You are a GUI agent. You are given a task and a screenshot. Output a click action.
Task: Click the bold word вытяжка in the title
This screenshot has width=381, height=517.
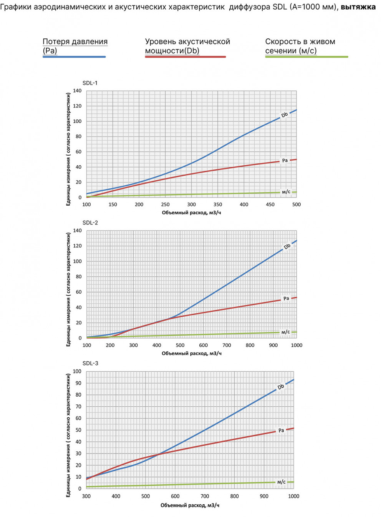point(358,7)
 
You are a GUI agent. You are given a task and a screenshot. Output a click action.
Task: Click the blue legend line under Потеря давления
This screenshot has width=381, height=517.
point(74,57)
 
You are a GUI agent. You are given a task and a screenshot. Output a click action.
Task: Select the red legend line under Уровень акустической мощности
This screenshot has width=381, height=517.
point(185,57)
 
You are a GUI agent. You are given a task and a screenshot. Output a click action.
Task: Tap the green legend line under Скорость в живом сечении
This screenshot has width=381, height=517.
point(306,57)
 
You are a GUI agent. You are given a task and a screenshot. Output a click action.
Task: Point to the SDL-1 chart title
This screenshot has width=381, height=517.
point(90,83)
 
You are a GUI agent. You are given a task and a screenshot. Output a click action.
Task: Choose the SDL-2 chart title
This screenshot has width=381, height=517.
point(90,223)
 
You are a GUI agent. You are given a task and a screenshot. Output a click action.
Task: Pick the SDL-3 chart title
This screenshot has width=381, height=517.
point(90,363)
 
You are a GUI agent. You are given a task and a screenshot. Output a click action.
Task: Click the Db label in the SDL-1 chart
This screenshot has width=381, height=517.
point(285,115)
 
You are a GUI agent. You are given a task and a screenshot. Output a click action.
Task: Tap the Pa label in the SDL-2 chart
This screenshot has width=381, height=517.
point(286,298)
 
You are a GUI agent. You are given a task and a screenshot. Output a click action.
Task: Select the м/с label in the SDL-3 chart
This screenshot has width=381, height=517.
point(282,482)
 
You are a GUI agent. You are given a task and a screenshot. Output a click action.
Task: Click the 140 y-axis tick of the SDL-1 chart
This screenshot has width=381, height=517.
point(77,91)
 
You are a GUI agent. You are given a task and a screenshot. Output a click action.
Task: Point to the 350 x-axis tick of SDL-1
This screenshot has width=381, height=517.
point(218,204)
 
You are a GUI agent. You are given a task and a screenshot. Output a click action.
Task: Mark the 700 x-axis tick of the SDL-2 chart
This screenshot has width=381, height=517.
point(227,345)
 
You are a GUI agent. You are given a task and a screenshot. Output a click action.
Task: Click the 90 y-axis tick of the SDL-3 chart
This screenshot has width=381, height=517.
point(78,383)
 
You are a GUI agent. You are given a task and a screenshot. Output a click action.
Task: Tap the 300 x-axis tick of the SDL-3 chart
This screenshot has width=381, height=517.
point(86,496)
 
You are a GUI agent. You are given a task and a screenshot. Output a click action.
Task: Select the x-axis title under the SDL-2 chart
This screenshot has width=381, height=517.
point(191,353)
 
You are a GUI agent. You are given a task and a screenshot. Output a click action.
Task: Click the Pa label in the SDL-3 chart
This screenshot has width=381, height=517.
point(281,431)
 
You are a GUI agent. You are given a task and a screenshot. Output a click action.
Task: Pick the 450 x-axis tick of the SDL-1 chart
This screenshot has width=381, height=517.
point(270,204)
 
